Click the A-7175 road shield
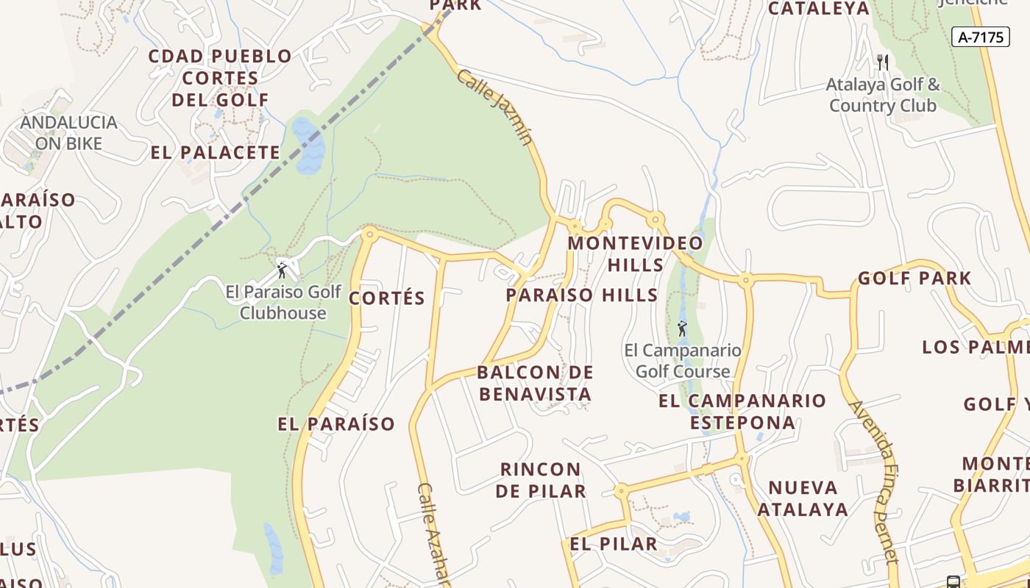pyautogui.click(x=981, y=37)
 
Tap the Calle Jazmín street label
pyautogui.click(x=494, y=107)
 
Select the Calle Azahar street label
pyautogui.click(x=433, y=534)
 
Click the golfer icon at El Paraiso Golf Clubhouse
pyautogui.click(x=282, y=270)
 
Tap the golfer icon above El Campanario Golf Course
pyautogui.click(x=682, y=329)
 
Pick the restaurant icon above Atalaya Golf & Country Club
pyautogui.click(x=883, y=62)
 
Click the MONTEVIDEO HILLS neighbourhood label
pyautogui.click(x=636, y=254)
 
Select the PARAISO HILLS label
pyautogui.click(x=581, y=295)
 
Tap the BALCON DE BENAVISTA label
pyautogui.click(x=535, y=383)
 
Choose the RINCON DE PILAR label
pyautogui.click(x=541, y=480)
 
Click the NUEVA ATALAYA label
pyautogui.click(x=803, y=498)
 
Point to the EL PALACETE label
pyautogui.click(x=216, y=153)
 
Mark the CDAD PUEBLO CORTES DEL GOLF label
pyautogui.click(x=220, y=77)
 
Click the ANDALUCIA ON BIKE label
pyautogui.click(x=68, y=133)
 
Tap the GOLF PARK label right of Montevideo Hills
pyautogui.click(x=914, y=279)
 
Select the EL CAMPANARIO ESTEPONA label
pyautogui.click(x=742, y=412)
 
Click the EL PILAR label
pyautogui.click(x=614, y=544)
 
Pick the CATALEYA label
pyautogui.click(x=819, y=9)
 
